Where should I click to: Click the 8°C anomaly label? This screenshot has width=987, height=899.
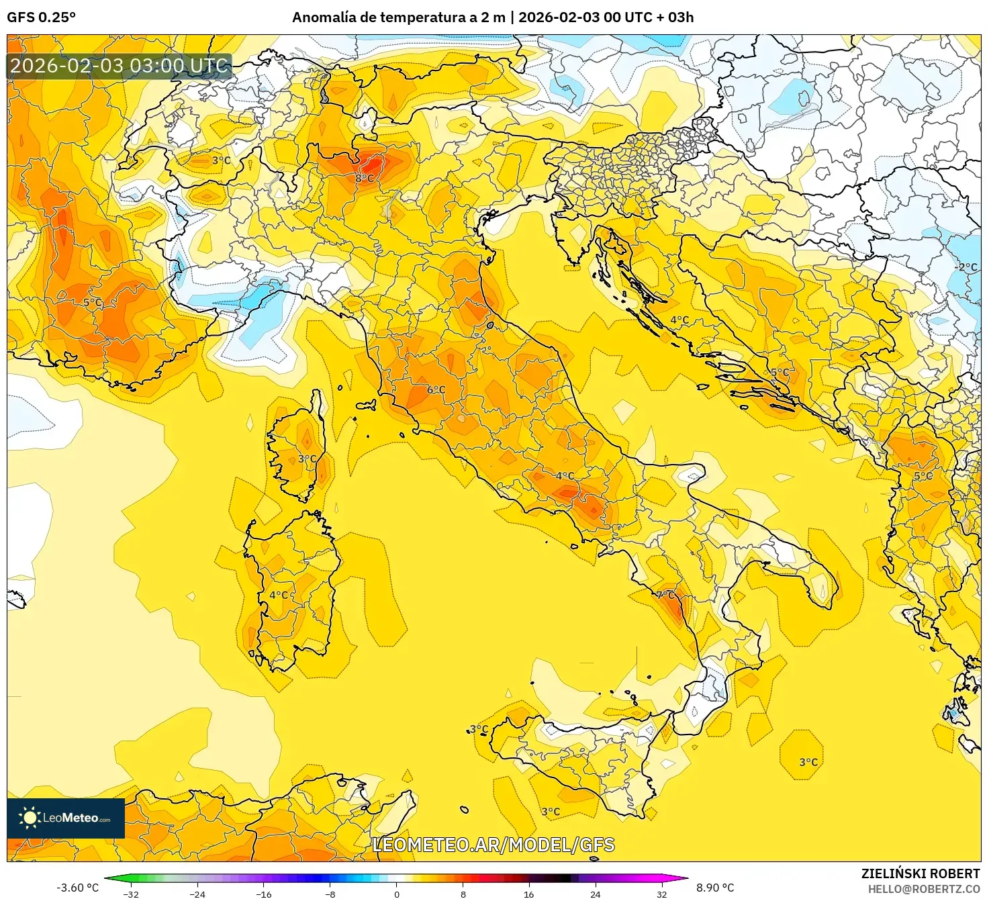[x=365, y=178]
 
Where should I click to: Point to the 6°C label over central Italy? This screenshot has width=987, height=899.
[x=436, y=389]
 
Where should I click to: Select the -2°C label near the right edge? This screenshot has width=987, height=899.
[x=966, y=267]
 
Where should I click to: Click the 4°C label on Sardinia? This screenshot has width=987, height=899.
[x=279, y=595]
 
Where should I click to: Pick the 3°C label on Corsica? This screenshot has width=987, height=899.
[x=307, y=459]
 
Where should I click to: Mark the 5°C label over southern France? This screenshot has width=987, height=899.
[x=93, y=303]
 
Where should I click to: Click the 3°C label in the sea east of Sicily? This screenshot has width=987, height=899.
[x=808, y=762]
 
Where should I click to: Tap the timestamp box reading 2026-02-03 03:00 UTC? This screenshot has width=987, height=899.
[x=120, y=66]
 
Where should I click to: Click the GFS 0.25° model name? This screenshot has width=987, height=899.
[x=41, y=17]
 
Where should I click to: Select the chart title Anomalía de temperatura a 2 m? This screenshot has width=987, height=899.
[x=398, y=17]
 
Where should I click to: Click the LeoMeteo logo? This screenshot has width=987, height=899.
[x=66, y=818]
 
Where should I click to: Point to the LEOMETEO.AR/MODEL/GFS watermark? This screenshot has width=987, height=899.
[x=493, y=845]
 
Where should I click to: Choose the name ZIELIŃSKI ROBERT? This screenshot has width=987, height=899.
[x=921, y=873]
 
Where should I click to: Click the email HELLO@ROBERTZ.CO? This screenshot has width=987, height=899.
[x=928, y=888]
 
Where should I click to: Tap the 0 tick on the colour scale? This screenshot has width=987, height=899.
[x=397, y=894]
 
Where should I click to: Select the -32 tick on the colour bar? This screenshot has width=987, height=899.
[x=132, y=894]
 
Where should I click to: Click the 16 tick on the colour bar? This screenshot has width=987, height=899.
[x=529, y=894]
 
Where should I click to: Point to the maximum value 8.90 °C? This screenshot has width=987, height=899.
[x=714, y=888]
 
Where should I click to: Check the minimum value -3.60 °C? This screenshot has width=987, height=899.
[x=77, y=888]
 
